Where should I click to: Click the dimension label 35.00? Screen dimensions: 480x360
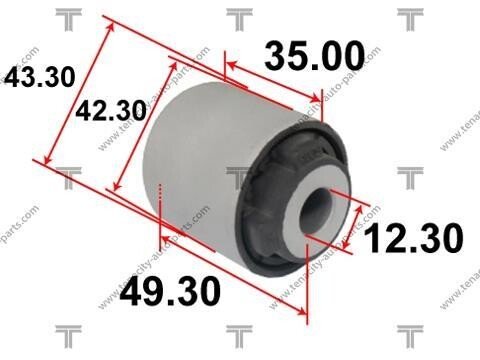pyautogui.click(x=315, y=56)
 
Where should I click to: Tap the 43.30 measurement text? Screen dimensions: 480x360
pyautogui.click(x=39, y=77)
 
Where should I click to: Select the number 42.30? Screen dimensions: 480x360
pyautogui.click(x=111, y=111)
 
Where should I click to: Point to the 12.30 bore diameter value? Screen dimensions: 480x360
pyautogui.click(x=413, y=238)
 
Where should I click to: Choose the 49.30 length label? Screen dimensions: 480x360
pyautogui.click(x=170, y=291)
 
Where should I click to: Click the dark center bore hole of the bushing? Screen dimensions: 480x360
pyautogui.click(x=316, y=211)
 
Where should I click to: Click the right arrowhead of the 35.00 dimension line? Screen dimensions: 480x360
pyautogui.click(x=315, y=98)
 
